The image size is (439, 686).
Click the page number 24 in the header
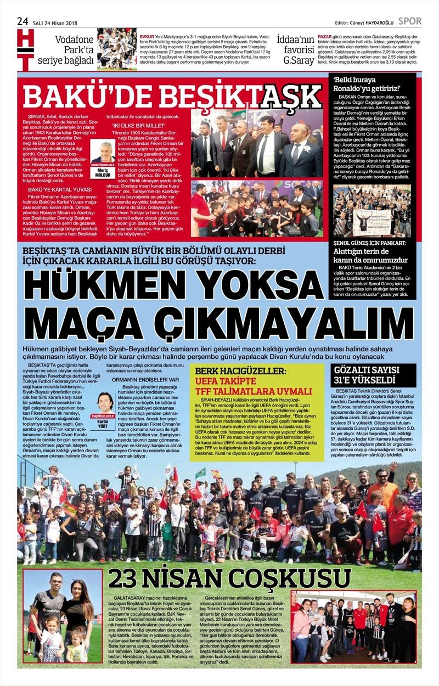(22, 21)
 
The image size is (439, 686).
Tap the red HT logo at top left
(25, 50)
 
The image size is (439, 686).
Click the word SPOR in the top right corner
(410, 21)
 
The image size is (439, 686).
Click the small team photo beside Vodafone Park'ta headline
(117, 49)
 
